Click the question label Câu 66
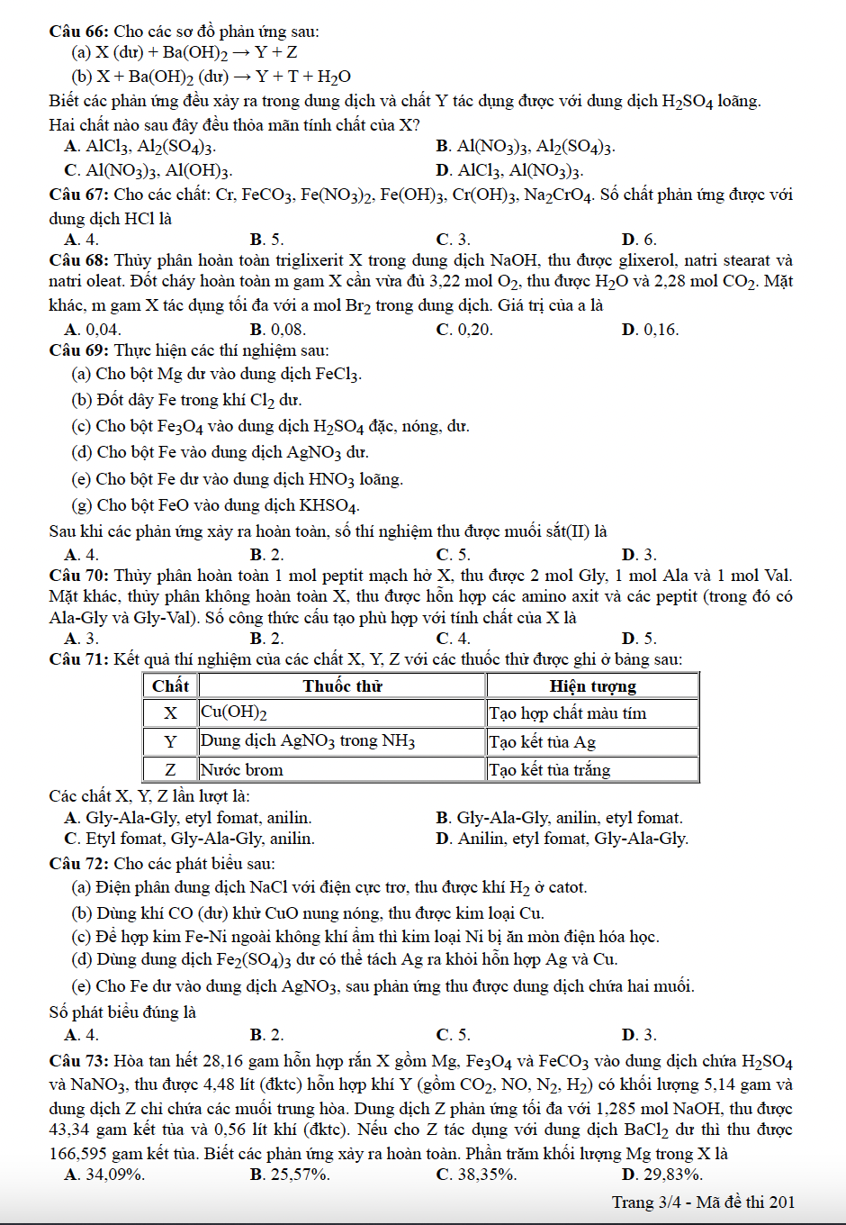point(78,32)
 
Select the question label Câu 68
point(78,261)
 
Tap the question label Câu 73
point(78,1061)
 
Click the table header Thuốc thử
point(342,686)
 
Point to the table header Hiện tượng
point(592,686)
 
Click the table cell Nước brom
point(241,770)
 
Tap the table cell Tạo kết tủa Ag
point(542,742)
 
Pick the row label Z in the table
point(170,770)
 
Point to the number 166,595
point(78,1153)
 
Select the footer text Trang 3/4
point(646,1202)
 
